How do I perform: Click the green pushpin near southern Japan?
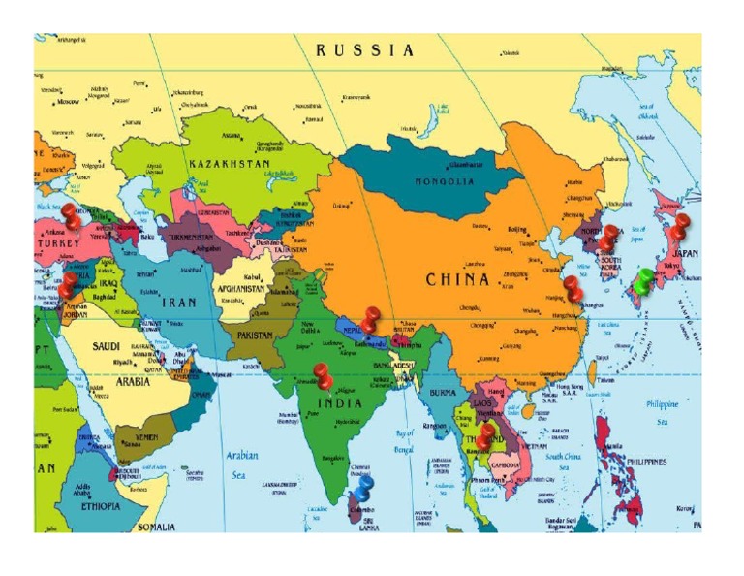coord(643,281)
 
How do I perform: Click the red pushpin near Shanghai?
coord(573,288)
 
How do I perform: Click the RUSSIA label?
coord(365,50)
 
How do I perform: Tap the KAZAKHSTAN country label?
coord(230,164)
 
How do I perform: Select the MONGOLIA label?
coord(445,181)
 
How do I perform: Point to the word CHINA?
coord(458,279)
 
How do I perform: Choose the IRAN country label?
coord(178,302)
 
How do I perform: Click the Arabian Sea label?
coord(242,464)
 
